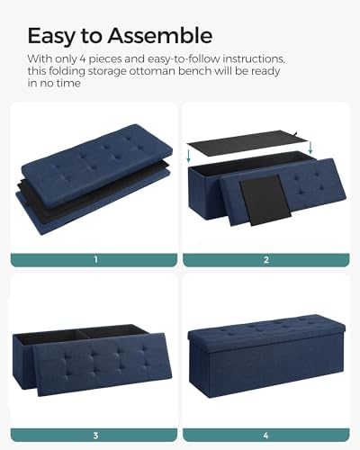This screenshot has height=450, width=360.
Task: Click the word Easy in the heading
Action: pos(51,36)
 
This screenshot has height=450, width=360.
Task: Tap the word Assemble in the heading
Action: pos(160,35)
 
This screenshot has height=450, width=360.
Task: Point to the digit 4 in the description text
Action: pos(83,58)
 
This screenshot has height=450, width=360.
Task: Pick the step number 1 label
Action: pos(95,259)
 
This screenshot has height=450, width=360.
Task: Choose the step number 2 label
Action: pos(266,259)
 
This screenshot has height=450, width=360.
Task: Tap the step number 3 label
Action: pos(95,435)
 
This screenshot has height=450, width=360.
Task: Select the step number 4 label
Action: pos(266,435)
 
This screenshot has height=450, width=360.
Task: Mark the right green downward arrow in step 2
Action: pos(310,148)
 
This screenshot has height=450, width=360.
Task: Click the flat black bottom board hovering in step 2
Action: pos(245,142)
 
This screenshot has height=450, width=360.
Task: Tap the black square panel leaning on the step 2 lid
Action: pos(265,200)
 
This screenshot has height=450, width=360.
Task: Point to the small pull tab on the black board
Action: pos(297,133)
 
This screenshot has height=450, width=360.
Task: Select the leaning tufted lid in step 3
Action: pos(102,364)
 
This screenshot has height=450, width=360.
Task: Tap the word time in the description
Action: pos(68,83)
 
